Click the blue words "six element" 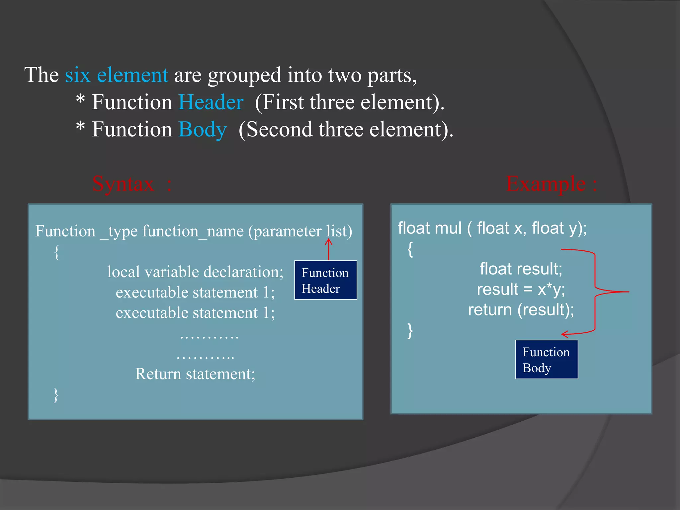[x=116, y=75]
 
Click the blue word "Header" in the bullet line [x=211, y=102]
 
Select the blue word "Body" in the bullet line [x=203, y=129]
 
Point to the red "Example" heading [x=546, y=184]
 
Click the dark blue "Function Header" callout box [x=325, y=280]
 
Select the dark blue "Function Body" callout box [x=547, y=360]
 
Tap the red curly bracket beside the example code [x=595, y=292]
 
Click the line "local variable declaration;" [x=195, y=272]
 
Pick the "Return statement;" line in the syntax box [x=195, y=374]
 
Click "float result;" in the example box [x=521, y=269]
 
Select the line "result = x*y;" [x=521, y=289]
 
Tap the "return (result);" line [x=521, y=310]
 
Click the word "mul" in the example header [x=448, y=228]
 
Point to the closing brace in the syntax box [x=56, y=395]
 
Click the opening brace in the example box [x=410, y=249]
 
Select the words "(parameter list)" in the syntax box [x=300, y=231]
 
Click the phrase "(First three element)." [x=350, y=102]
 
